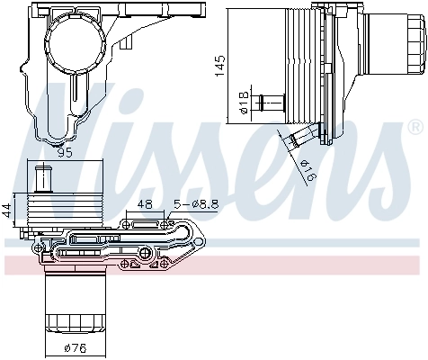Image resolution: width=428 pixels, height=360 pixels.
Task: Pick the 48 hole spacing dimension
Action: (x=145, y=204)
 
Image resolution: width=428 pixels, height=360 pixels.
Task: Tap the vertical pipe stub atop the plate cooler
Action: (x=40, y=178)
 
